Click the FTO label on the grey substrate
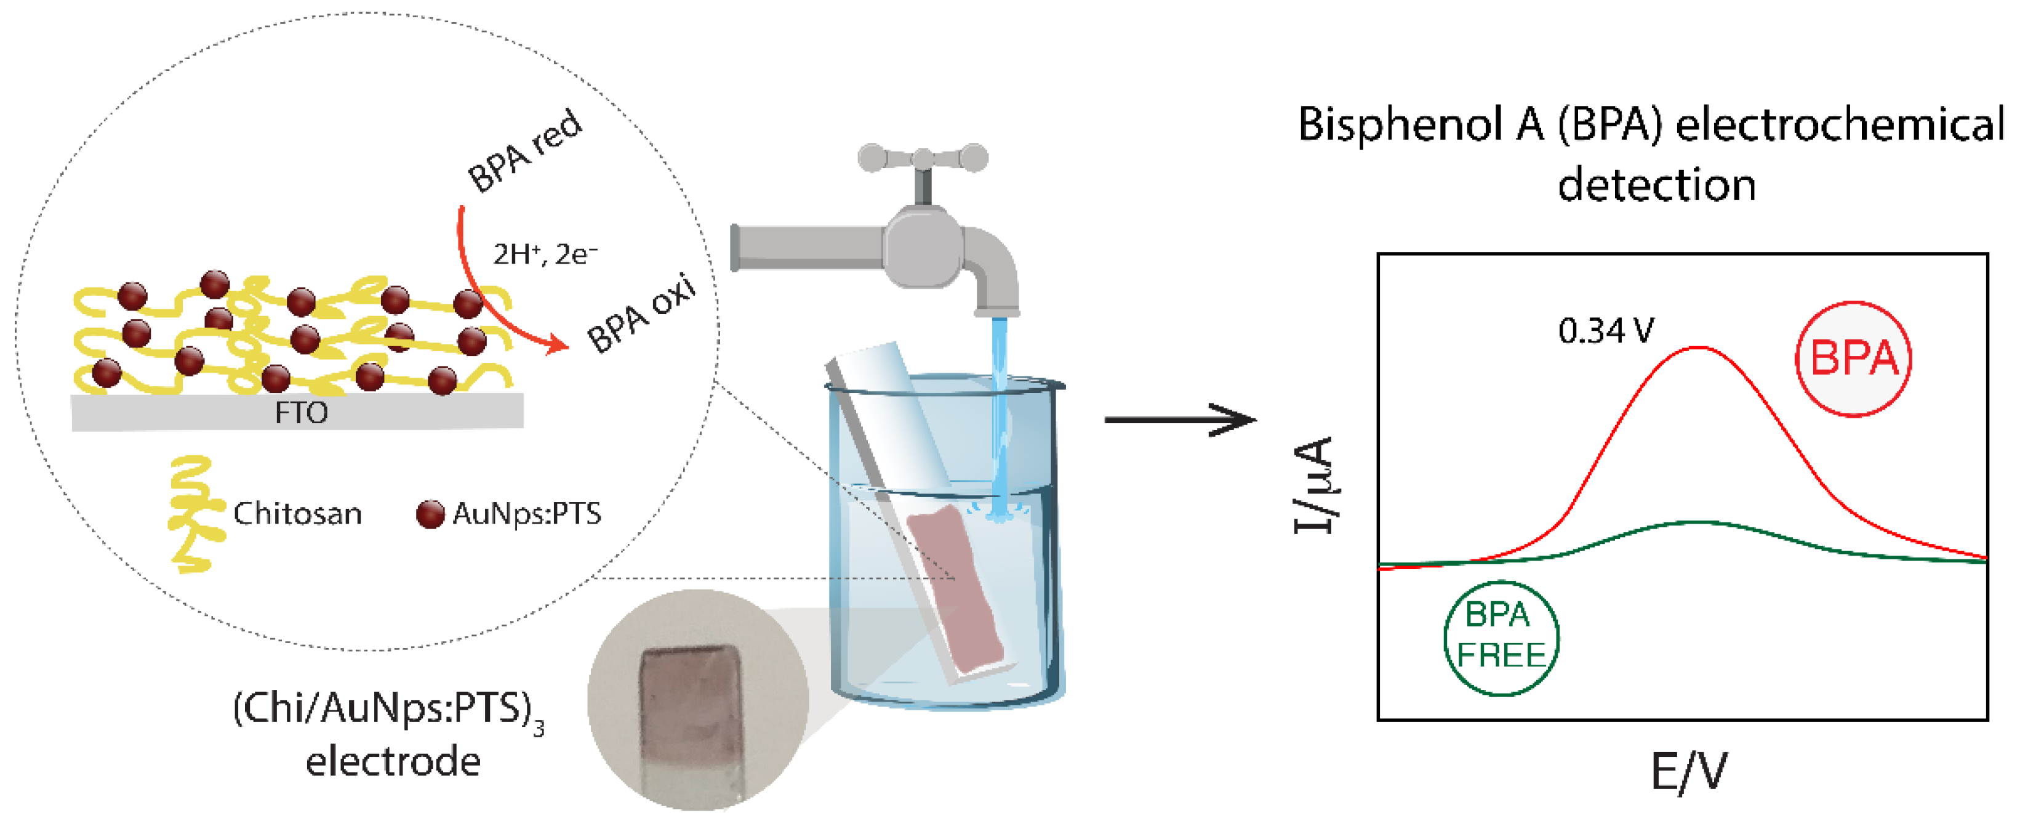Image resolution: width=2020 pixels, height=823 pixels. click(x=301, y=413)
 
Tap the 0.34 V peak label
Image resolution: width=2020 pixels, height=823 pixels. click(x=1605, y=331)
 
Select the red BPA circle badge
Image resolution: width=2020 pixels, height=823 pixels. click(x=1853, y=359)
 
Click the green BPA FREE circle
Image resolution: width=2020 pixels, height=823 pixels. click(x=1501, y=637)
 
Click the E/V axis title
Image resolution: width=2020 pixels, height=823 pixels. click(x=1688, y=772)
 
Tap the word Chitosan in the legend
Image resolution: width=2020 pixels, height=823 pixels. click(x=297, y=514)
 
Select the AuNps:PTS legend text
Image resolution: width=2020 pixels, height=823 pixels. click(x=527, y=514)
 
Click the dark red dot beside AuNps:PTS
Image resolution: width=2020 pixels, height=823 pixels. click(x=430, y=514)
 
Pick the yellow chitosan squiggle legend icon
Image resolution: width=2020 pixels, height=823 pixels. click(x=192, y=513)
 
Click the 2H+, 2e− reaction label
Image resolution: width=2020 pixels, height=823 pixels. click(x=544, y=254)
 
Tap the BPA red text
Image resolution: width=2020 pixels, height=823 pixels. click(x=524, y=151)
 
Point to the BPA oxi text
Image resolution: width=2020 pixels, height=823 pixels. click(x=641, y=314)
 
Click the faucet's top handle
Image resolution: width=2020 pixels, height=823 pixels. click(x=923, y=158)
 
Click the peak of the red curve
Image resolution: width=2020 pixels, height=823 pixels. click(x=1697, y=347)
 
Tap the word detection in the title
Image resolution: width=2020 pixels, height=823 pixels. click(x=1656, y=186)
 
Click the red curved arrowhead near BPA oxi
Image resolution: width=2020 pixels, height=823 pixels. click(x=558, y=344)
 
